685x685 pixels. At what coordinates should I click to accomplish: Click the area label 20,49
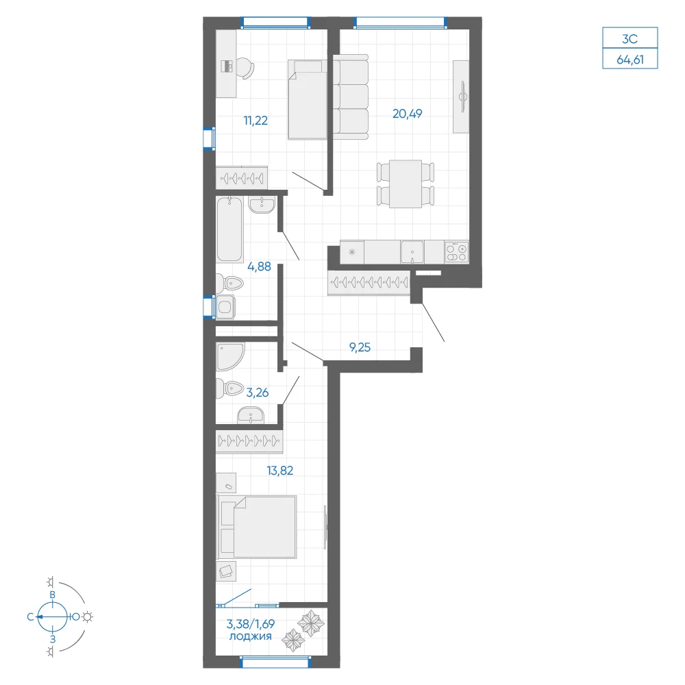click(x=407, y=114)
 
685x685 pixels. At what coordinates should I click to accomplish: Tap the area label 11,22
click(x=256, y=121)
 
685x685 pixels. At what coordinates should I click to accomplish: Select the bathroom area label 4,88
click(x=259, y=266)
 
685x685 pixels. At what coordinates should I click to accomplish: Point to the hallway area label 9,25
click(x=360, y=347)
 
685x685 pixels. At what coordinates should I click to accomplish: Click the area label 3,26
click(x=258, y=393)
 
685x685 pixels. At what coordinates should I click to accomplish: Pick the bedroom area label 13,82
click(x=280, y=471)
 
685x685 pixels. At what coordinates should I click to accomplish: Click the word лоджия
click(x=250, y=636)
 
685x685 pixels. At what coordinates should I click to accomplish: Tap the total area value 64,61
click(x=630, y=60)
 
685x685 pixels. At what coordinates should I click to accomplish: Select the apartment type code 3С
click(x=630, y=39)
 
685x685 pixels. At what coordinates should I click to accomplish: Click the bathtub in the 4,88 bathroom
click(x=229, y=229)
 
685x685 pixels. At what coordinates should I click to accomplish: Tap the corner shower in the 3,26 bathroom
click(x=230, y=356)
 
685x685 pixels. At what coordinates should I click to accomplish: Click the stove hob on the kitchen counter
click(x=456, y=252)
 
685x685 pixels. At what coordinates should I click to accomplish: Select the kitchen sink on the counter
click(x=412, y=252)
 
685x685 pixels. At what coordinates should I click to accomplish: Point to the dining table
click(x=406, y=184)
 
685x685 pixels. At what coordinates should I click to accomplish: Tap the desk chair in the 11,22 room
click(x=245, y=68)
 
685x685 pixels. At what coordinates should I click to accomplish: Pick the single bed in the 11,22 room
click(x=308, y=100)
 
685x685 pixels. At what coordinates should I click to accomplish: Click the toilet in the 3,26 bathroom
click(x=229, y=388)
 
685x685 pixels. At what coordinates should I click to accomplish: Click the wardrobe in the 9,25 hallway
click(x=369, y=283)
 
